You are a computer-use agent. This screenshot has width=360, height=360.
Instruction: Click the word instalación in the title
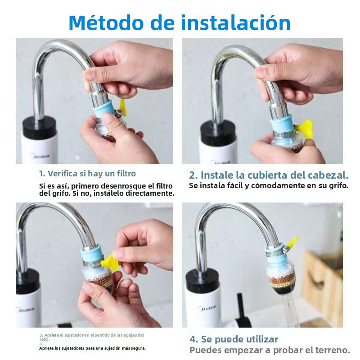tap(236, 23)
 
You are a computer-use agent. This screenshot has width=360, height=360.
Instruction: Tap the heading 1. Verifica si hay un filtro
tap(87, 173)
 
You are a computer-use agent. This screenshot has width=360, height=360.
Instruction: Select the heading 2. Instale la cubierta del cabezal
tap(269, 175)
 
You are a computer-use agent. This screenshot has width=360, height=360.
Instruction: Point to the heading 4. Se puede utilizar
tap(234, 339)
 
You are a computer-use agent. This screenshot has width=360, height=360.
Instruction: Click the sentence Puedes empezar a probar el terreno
tap(269, 350)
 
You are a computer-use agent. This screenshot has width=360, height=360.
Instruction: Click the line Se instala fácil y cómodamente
tap(268, 185)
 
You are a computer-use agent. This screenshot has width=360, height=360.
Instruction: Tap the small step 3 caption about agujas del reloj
tap(91, 337)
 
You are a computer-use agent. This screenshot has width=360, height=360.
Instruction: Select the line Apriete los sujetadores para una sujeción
tap(92, 348)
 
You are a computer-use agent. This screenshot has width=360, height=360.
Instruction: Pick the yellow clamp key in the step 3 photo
tap(110, 262)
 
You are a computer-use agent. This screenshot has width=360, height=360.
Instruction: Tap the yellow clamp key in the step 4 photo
tap(291, 243)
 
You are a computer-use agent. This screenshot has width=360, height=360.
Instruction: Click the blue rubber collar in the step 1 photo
tap(104, 109)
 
